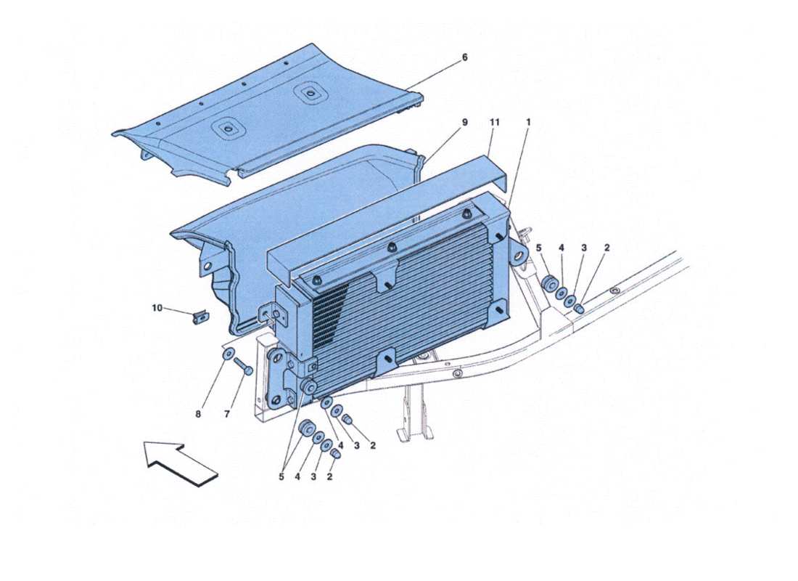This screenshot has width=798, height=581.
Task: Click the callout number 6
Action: (465, 57)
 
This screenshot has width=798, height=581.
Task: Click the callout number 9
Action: (465, 123)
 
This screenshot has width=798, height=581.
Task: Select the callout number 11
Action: (495, 123)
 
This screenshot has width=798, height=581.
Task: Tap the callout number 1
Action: (528, 123)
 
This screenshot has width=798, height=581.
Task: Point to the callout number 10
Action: (157, 308)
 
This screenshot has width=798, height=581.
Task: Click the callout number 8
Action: (198, 415)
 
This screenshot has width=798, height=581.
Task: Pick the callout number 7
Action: (226, 415)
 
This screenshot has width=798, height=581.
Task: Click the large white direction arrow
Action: (181, 463)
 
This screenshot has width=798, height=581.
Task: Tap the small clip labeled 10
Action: (201, 316)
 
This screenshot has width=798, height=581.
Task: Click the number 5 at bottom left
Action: (281, 477)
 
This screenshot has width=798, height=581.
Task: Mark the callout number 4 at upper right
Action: (561, 248)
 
